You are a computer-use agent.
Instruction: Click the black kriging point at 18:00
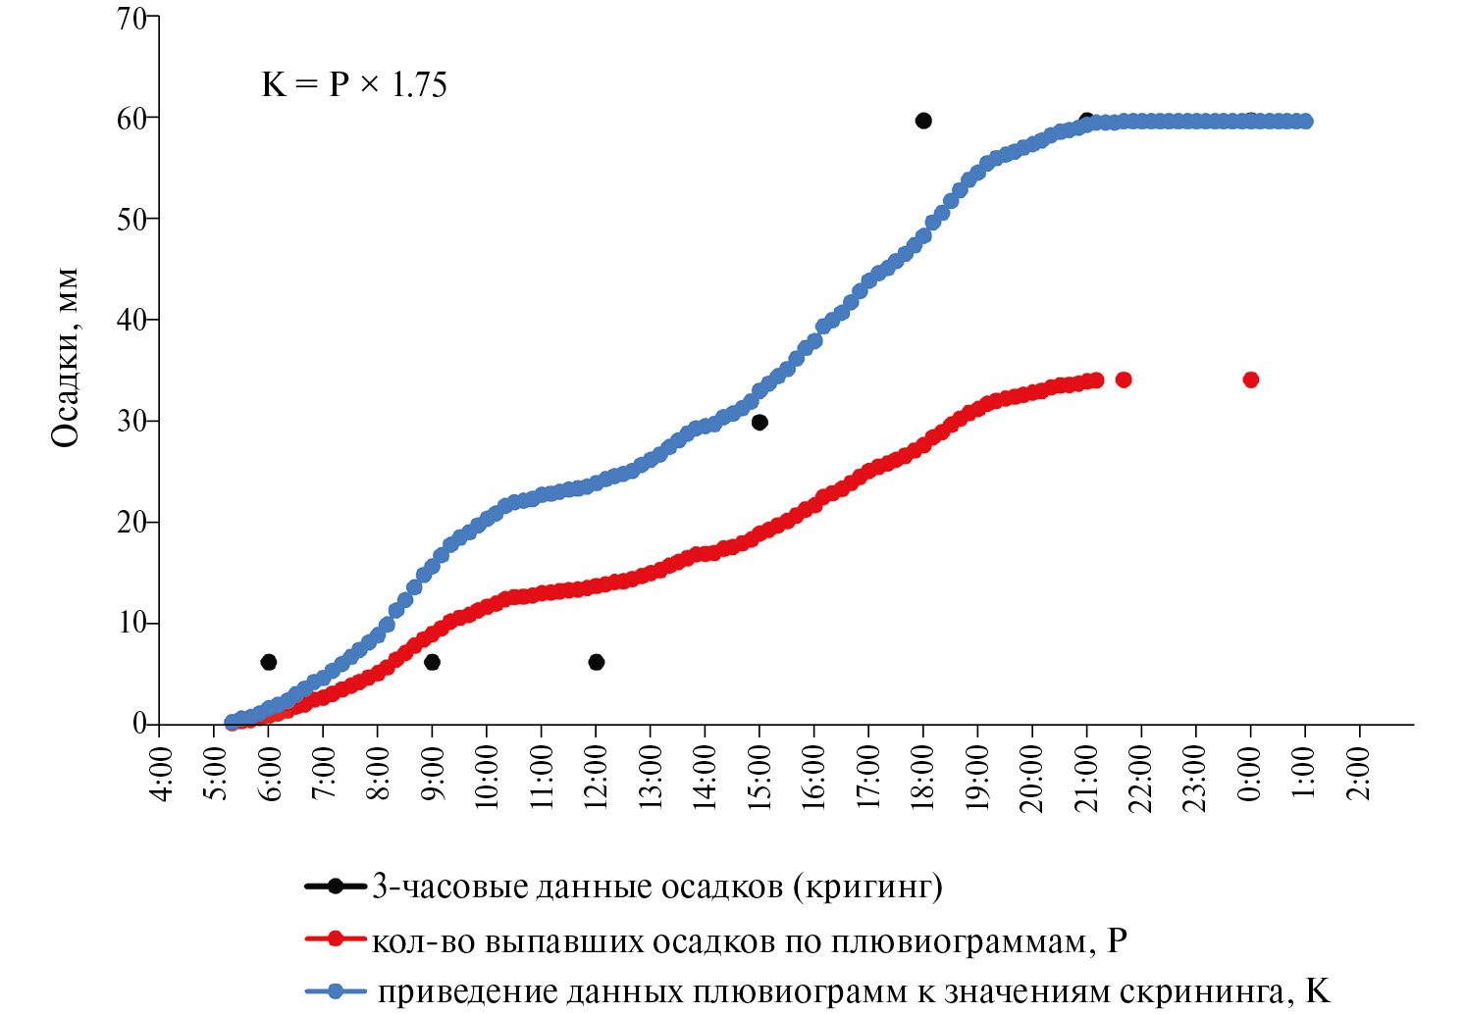[923, 121]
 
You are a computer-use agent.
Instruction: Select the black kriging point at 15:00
[759, 423]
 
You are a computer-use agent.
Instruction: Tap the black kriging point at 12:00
[596, 662]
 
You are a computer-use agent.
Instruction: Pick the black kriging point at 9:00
[432, 662]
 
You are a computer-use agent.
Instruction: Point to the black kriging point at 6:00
[268, 662]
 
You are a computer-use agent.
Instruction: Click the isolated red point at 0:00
[1250, 380]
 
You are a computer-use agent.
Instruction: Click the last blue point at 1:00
[1305, 122]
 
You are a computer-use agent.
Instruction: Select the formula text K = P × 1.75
[354, 85]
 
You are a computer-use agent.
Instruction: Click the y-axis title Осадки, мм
[66, 357]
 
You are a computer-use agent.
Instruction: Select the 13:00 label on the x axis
[652, 776]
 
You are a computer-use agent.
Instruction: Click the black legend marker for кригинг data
[336, 887]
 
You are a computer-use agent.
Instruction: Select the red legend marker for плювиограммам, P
[336, 939]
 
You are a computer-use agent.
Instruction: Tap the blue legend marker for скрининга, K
[336, 991]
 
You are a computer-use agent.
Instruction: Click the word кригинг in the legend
[863, 887]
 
